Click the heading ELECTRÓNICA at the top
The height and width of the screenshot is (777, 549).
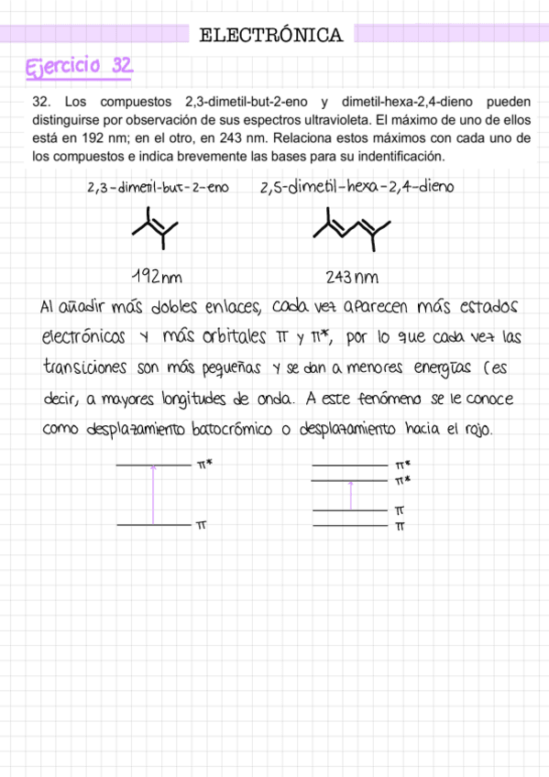tap(271, 36)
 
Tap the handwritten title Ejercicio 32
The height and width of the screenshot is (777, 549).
tap(82, 67)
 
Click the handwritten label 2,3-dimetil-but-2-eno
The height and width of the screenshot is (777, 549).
tap(157, 188)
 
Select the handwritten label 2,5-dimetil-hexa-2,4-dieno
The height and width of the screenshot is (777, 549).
tap(357, 188)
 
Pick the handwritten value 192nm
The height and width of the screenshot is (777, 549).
tap(155, 276)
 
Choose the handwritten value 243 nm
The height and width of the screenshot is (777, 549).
tap(353, 277)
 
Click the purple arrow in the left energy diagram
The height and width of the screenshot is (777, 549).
tap(153, 495)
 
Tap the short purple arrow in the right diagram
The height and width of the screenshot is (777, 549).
tap(350, 495)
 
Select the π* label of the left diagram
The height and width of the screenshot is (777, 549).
tap(204, 465)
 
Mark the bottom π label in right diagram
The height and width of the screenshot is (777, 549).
tap(400, 527)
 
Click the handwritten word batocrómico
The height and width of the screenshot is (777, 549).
tap(236, 429)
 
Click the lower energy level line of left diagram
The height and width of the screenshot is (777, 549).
tap(153, 525)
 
